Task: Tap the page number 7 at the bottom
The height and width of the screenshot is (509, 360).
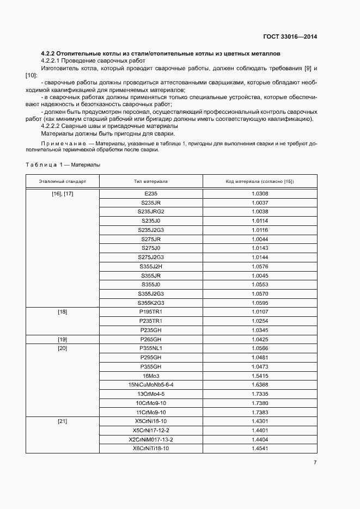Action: (x=315, y=463)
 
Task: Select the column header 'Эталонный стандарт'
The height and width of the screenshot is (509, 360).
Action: (x=62, y=181)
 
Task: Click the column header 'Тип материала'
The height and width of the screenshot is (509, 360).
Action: (x=150, y=181)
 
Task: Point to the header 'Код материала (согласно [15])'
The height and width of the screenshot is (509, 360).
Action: (x=260, y=181)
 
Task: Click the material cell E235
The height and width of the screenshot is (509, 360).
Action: (x=150, y=193)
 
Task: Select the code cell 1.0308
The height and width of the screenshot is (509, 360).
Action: (x=260, y=193)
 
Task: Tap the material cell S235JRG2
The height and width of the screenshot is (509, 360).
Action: (x=150, y=212)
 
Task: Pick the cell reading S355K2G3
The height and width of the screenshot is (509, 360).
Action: (x=150, y=303)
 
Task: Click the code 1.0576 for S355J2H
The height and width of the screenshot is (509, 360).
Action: (x=260, y=266)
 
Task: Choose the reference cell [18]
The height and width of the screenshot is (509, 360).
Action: (x=62, y=312)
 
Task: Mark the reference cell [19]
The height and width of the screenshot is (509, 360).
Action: (x=62, y=339)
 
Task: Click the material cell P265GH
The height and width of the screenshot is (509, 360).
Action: (x=150, y=339)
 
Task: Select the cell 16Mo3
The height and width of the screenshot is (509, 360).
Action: (x=150, y=376)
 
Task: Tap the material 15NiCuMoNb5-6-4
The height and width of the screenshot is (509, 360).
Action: (x=150, y=385)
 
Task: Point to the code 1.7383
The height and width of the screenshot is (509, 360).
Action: (x=260, y=412)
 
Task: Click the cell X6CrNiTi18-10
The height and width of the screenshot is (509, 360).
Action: (x=150, y=449)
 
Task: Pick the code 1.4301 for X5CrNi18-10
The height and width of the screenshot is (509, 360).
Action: (x=260, y=421)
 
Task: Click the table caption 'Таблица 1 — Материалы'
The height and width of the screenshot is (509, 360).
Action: (x=63, y=164)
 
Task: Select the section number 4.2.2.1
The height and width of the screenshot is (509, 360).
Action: (x=53, y=61)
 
